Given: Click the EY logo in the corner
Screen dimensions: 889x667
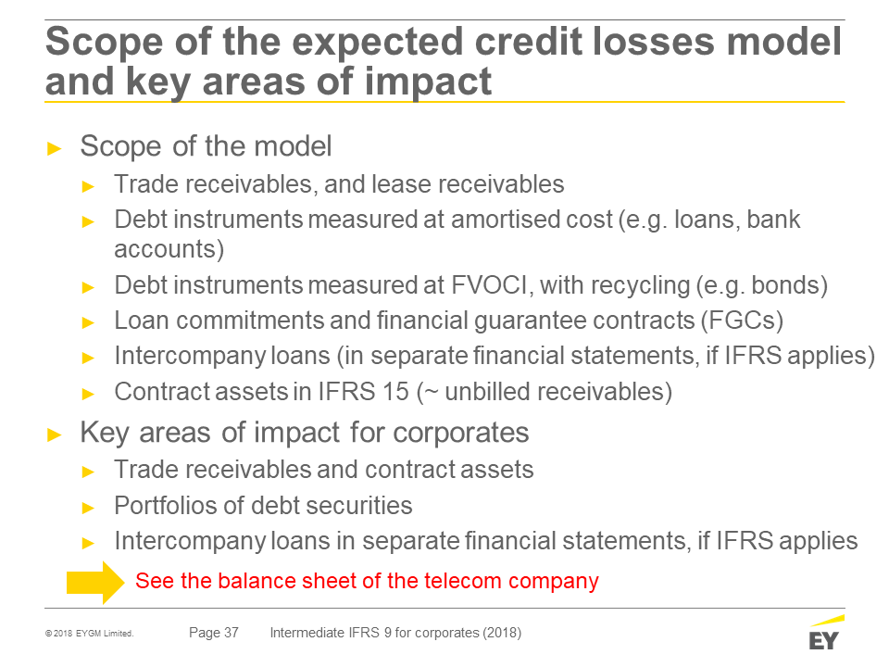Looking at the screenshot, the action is tap(826, 633).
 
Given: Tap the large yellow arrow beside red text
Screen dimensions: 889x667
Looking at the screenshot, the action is tap(95, 582).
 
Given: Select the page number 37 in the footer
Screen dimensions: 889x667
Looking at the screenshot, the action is tap(232, 633).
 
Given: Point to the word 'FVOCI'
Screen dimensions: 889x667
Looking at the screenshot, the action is tap(490, 284).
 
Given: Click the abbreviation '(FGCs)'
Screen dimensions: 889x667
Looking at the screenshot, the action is tap(742, 321).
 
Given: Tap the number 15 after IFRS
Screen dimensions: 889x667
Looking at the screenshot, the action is tap(395, 391).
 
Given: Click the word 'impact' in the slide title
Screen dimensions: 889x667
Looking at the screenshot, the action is tap(428, 82).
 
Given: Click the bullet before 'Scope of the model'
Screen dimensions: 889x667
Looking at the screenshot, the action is tap(55, 149).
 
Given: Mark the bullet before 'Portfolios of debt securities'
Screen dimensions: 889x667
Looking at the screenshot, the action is tap(88, 508).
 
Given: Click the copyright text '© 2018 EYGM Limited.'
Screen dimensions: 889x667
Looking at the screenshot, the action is tap(90, 634).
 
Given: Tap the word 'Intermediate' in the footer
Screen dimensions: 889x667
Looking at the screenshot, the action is tap(307, 633).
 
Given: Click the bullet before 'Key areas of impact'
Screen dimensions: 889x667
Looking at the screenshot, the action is tap(55, 435).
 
